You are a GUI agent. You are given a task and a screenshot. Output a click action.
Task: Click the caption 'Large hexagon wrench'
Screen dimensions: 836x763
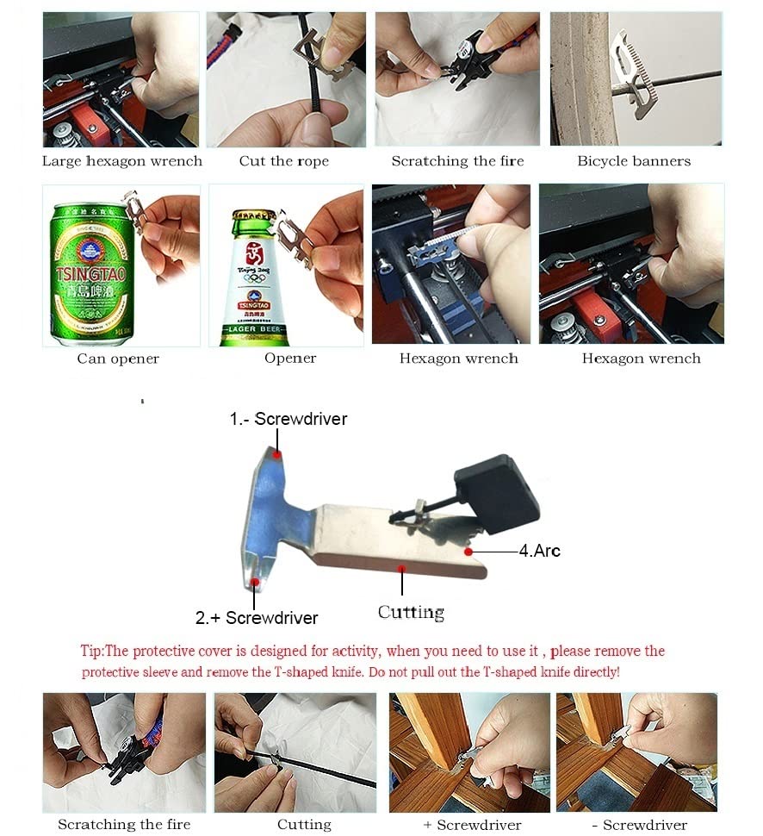[x=122, y=161]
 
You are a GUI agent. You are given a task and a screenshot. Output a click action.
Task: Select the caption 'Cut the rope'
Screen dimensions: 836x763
[x=284, y=161]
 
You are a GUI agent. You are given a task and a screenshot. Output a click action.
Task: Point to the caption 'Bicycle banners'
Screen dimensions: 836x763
[x=634, y=161]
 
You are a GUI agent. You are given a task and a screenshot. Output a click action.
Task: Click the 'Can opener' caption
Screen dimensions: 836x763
[x=118, y=359]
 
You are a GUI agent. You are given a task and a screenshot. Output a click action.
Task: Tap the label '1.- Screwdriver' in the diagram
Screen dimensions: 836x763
[x=288, y=420]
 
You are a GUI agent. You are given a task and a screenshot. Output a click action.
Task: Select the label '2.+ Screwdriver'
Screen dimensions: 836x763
[x=257, y=618]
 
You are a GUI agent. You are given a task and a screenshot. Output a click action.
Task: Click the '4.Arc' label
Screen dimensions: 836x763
[x=540, y=551]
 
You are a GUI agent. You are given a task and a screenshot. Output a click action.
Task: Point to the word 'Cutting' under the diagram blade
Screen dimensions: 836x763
[x=411, y=612]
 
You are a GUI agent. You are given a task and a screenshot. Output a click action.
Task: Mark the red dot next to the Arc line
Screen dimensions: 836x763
[x=468, y=550]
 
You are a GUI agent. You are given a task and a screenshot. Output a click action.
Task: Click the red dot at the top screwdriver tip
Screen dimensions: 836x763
[x=276, y=453]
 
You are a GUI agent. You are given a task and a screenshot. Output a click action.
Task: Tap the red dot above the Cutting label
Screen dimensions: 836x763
[x=402, y=567]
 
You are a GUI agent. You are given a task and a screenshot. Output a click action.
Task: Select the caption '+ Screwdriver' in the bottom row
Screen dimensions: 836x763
[x=472, y=825]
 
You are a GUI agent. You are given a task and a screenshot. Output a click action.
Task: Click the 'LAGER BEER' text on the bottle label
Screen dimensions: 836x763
[x=256, y=330]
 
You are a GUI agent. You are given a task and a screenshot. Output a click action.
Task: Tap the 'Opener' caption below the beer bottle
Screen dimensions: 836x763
[x=290, y=358]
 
